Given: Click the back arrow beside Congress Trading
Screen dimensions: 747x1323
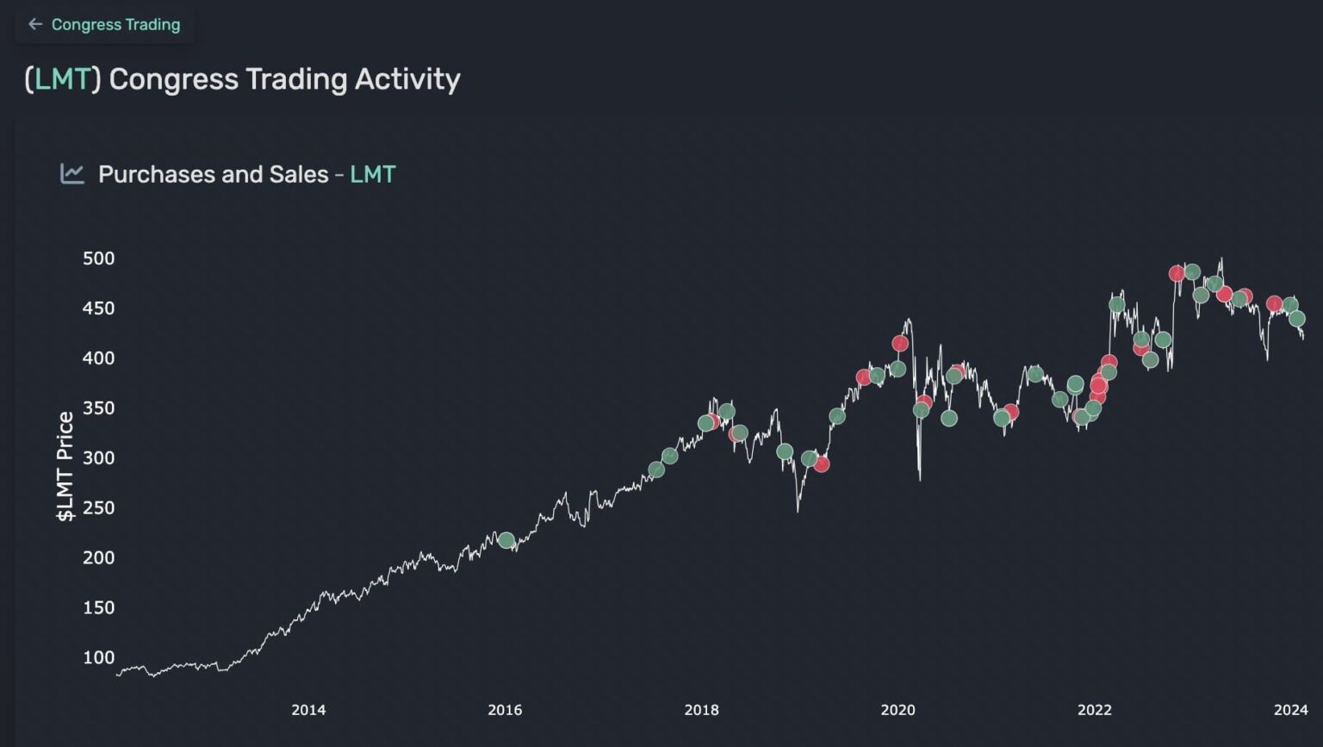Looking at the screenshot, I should [x=34, y=24].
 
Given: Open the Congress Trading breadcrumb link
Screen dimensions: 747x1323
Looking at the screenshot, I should [x=115, y=24].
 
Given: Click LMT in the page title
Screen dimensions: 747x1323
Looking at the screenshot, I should [x=62, y=79].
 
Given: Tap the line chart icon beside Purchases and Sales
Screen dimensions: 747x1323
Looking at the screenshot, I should [x=72, y=173].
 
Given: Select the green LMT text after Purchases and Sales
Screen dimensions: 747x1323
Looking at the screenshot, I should [x=372, y=174].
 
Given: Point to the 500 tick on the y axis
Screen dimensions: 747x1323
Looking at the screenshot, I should [x=98, y=258].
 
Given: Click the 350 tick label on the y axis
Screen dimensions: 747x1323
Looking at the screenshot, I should [x=98, y=408].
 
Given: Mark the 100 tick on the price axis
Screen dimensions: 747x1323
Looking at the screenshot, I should [x=98, y=657].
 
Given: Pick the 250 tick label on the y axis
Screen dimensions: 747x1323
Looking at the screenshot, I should [x=98, y=507].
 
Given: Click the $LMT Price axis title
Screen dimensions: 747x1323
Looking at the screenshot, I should [x=65, y=466].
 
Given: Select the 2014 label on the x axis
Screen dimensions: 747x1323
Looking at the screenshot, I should [x=308, y=710].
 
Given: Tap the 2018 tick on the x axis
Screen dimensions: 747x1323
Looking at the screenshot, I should [x=701, y=710].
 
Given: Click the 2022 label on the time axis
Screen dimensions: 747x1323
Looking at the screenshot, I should [x=1094, y=710].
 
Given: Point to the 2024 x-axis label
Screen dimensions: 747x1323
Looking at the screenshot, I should [x=1290, y=710].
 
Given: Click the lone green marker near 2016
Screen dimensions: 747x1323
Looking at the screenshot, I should [x=506, y=540].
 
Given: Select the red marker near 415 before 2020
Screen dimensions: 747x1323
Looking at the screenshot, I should [x=900, y=344].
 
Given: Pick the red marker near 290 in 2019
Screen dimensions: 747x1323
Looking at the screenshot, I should [x=822, y=464].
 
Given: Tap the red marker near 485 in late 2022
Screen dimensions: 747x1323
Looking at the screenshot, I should [x=1177, y=274].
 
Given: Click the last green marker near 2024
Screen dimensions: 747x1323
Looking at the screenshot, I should [x=1297, y=319].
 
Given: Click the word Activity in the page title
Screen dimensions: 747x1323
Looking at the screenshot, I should [x=407, y=79].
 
